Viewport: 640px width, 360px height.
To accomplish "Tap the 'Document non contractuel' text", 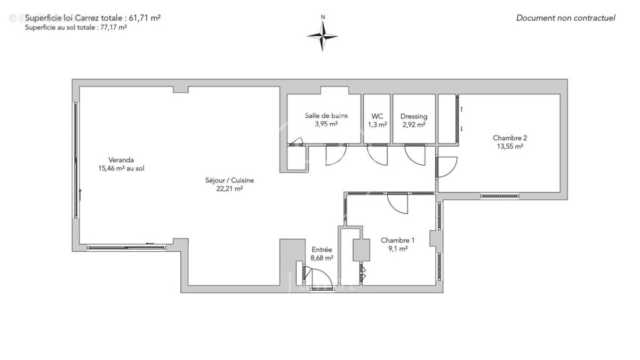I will [x=565, y=18].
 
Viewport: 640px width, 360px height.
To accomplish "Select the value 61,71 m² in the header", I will [x=143, y=18].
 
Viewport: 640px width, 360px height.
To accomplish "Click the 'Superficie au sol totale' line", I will [x=75, y=28].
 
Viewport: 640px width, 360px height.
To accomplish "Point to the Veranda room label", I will [x=121, y=160].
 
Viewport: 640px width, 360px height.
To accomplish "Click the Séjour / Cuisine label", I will [x=229, y=180].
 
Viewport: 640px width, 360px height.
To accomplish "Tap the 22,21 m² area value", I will [x=229, y=188].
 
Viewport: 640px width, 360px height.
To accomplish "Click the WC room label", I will [x=377, y=116].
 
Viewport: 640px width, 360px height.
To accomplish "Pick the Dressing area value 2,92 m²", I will [x=414, y=125].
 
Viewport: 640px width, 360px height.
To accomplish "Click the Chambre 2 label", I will [x=510, y=138].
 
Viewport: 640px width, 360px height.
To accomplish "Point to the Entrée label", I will [x=322, y=250].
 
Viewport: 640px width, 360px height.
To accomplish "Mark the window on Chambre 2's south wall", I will [x=499, y=196].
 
